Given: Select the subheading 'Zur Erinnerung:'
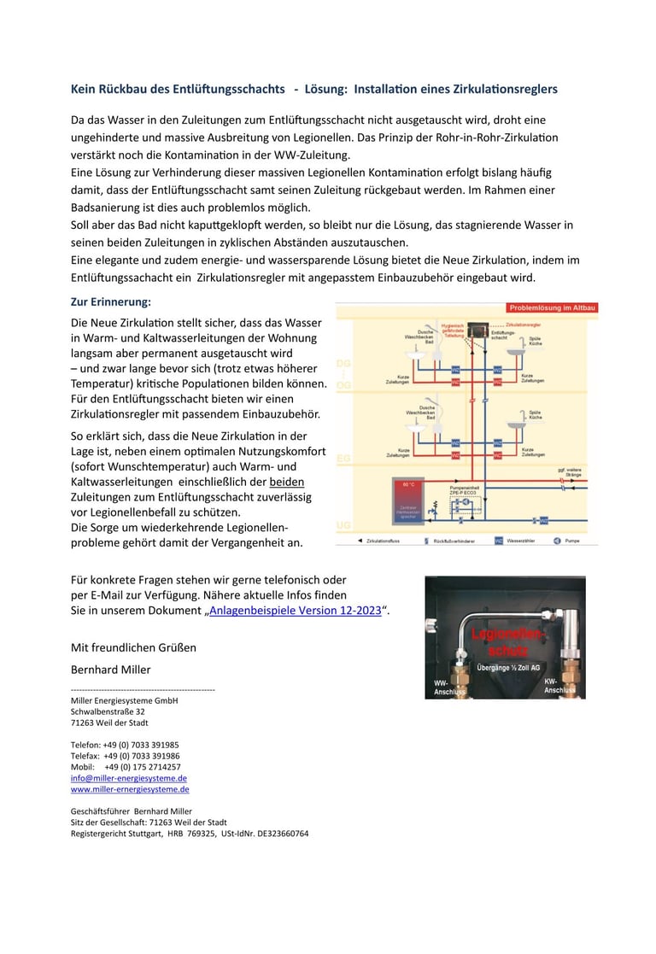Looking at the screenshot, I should tap(111, 301).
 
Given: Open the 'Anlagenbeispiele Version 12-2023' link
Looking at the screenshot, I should tap(295, 611).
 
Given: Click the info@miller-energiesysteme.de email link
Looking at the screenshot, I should tap(129, 778).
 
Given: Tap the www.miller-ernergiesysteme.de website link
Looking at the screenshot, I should tap(130, 789).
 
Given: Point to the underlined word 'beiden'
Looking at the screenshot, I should tap(286, 482).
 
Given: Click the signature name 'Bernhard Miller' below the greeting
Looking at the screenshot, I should tap(110, 669).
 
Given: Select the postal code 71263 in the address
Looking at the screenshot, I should tap(84, 723).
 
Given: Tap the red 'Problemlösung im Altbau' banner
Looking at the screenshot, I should tap(552, 307).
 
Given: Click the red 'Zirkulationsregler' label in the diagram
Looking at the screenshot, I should tap(524, 325).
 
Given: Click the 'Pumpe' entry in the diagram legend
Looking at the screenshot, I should tap(566, 541).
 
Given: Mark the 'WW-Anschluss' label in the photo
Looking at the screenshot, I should tap(448, 687).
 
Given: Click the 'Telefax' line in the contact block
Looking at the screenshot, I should tap(125, 756).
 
